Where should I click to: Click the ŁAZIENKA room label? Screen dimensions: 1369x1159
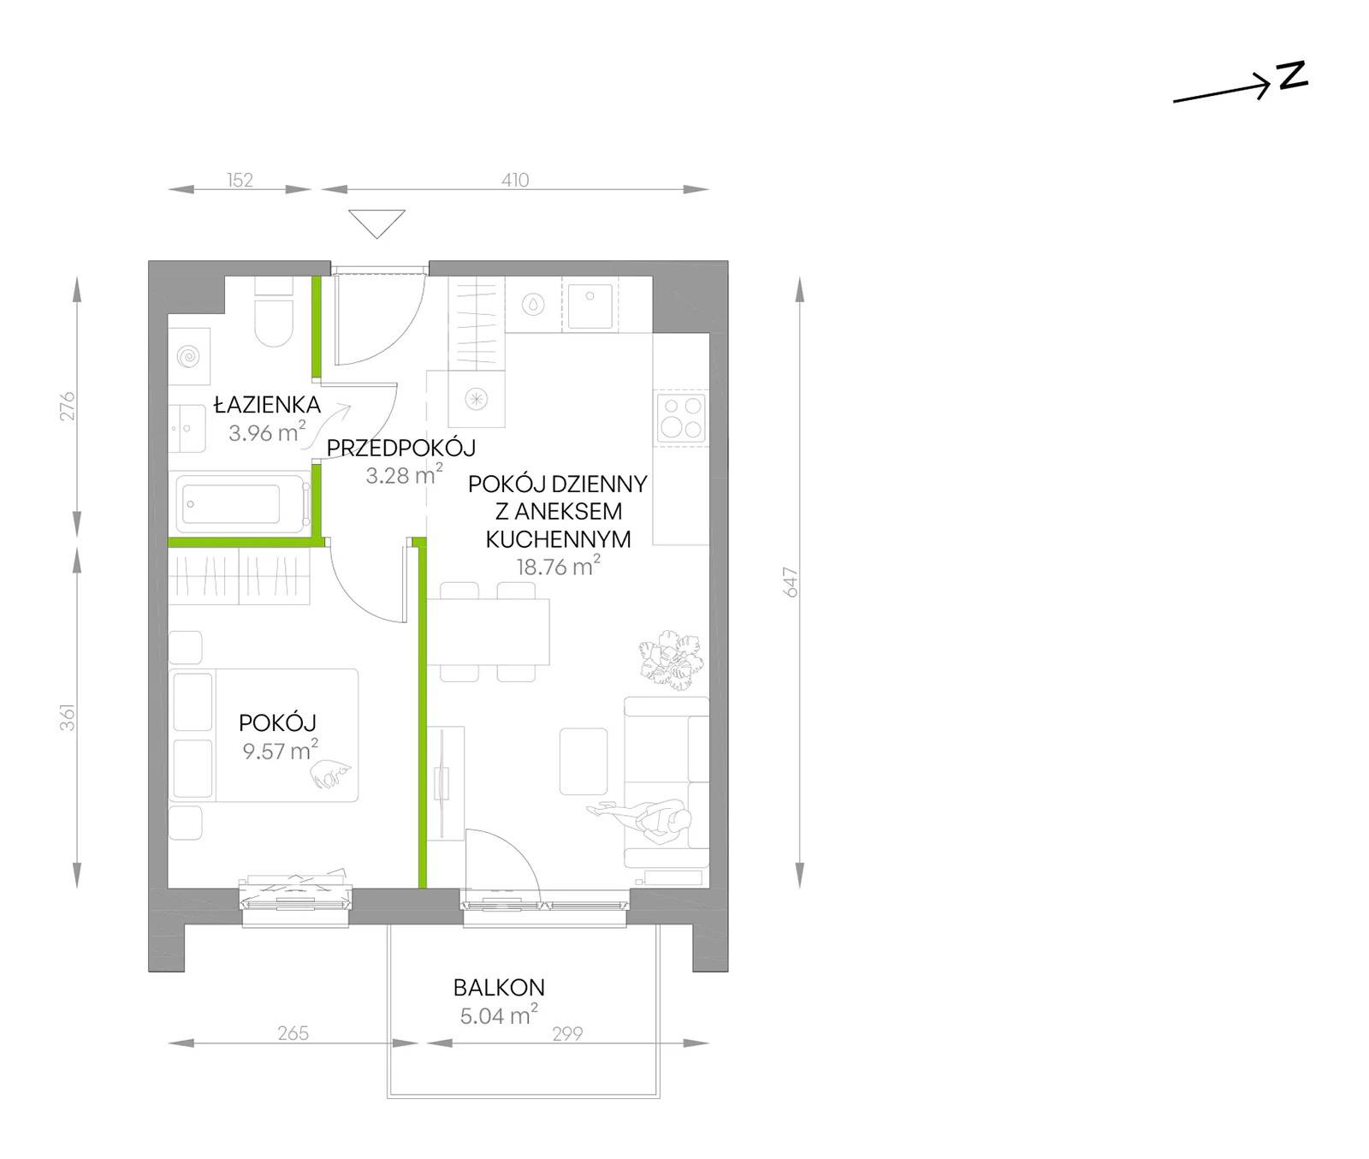click(267, 404)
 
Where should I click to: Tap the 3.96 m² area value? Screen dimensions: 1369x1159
click(267, 431)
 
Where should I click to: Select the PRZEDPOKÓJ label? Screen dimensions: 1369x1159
click(401, 447)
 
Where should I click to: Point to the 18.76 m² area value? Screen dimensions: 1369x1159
click(558, 566)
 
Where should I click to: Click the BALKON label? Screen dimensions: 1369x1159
click(499, 987)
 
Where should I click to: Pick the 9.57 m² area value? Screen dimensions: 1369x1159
click(281, 751)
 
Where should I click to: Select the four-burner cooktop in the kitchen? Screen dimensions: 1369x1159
click(681, 418)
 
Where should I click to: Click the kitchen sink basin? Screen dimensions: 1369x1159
click(590, 306)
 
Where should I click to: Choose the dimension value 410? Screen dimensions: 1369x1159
click(515, 180)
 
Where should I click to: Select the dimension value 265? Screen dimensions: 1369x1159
click(293, 1033)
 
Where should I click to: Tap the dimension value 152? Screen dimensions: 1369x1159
click(240, 180)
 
